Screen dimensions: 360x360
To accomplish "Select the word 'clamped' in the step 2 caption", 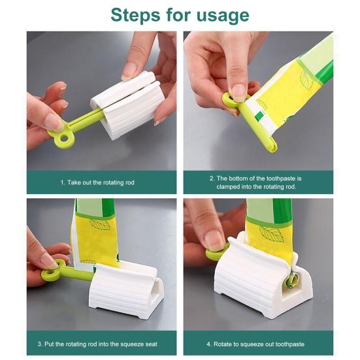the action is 227,187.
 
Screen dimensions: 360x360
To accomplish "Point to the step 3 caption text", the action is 97,344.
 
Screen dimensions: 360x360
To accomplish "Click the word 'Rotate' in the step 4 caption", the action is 221,344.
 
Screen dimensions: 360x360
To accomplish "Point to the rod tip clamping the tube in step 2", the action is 271,147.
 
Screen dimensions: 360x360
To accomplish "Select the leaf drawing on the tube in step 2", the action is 306,80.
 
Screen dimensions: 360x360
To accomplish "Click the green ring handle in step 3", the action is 52,271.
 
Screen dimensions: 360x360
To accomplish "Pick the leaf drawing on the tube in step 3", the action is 99,224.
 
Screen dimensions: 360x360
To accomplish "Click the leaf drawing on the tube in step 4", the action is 272,233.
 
